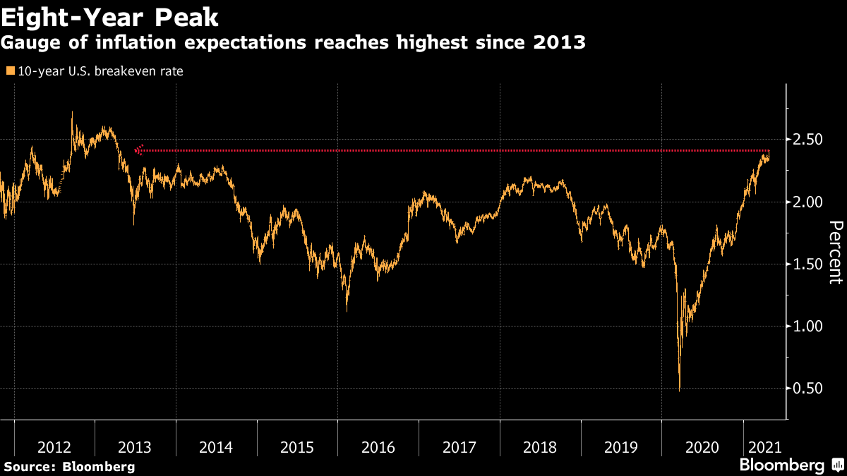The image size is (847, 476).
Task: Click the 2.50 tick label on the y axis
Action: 807,140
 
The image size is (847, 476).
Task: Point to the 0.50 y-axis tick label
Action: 807,389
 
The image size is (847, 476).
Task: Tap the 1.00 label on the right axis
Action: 807,327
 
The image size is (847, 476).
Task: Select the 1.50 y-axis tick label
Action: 807,264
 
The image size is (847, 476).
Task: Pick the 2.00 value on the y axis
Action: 807,202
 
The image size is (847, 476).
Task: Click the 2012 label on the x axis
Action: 54,448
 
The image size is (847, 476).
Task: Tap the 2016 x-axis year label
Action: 378,448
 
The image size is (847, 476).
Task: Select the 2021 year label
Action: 765,448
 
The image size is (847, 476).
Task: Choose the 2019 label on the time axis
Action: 621,448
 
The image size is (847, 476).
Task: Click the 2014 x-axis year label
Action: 216,448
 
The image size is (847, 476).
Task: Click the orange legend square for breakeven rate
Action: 11,71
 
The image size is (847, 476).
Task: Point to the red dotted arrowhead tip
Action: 135,151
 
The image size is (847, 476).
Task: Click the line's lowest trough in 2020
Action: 680,391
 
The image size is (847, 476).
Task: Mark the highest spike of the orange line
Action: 72,112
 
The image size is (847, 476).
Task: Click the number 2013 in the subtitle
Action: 559,42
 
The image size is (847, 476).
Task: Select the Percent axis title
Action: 836,252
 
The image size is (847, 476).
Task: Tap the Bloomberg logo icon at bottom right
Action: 838,464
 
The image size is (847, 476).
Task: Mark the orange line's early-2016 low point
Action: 347,311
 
